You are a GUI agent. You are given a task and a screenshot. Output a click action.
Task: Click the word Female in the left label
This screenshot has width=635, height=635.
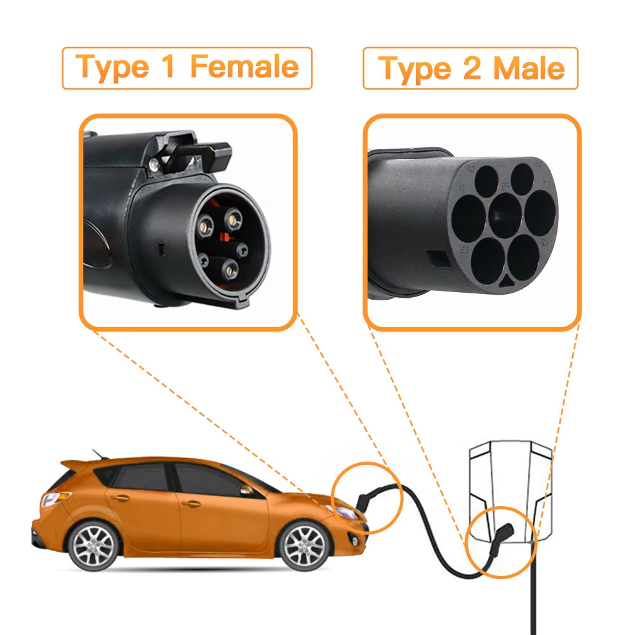(x=244, y=67)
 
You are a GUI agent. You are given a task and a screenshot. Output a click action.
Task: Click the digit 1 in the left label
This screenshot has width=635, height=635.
(x=167, y=67)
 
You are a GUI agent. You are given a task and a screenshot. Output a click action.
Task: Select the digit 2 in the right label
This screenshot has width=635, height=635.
(x=472, y=68)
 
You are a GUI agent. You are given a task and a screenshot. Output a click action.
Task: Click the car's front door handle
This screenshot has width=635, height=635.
(x=190, y=504)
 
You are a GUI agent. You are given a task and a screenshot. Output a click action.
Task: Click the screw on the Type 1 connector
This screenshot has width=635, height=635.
(x=154, y=164)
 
